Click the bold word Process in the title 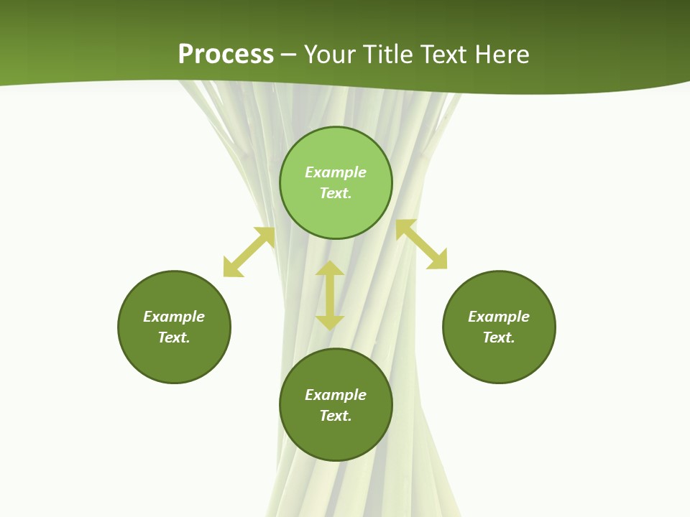coord(226,55)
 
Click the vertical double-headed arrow coord(330,296)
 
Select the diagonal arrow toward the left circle coord(249,252)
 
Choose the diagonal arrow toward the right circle coord(422,244)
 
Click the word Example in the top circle coord(336,172)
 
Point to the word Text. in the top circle coord(336,193)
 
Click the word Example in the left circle coord(174,317)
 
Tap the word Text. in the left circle coord(174,337)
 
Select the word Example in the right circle coord(499,317)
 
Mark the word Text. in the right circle coord(499,337)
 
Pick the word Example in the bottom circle coord(336,395)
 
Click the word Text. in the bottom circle coord(336,416)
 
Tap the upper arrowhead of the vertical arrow coord(330,269)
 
